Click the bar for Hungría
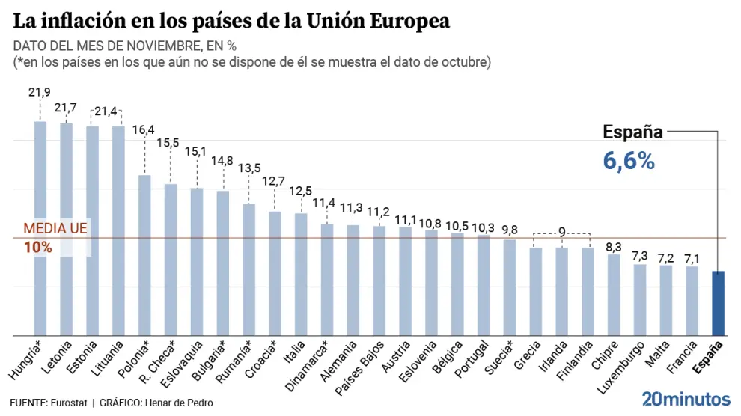click(x=40, y=228)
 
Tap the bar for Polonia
click(x=144, y=255)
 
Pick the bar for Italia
click(x=301, y=274)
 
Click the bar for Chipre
click(x=614, y=295)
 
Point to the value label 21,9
click(x=40, y=92)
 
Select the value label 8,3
click(x=614, y=246)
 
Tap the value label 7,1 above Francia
click(x=692, y=259)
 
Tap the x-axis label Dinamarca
click(x=306, y=367)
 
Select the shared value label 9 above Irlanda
click(x=561, y=232)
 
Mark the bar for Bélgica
click(x=457, y=284)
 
